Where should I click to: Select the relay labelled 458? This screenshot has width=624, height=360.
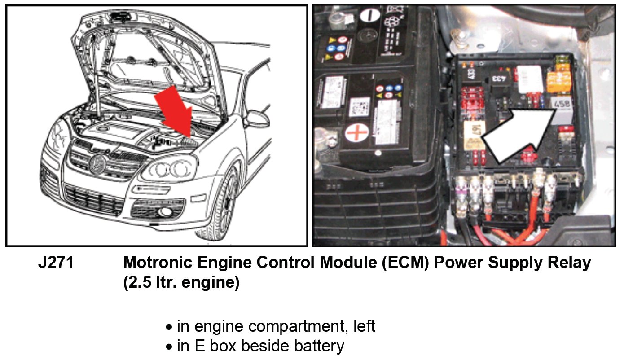(562, 108)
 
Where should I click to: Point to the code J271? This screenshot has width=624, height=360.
(56, 263)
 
